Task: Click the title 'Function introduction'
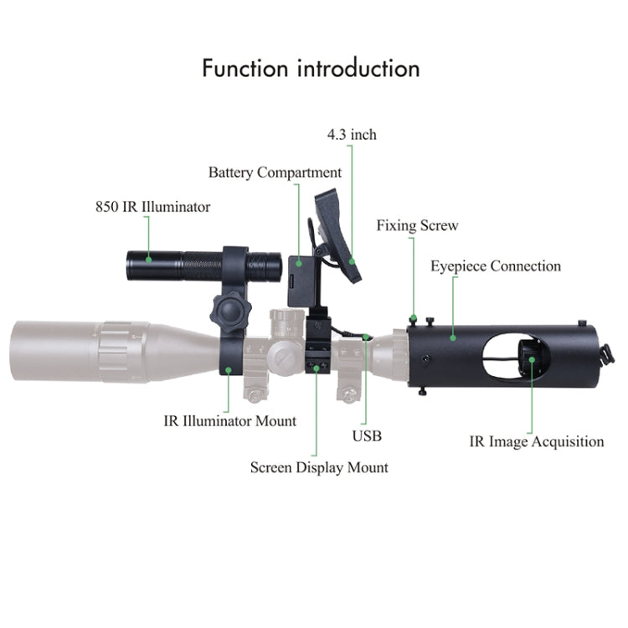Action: pyautogui.click(x=311, y=68)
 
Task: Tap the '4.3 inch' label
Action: pyautogui.click(x=351, y=134)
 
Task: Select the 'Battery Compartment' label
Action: pyautogui.click(x=275, y=172)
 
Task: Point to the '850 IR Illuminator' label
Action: pyautogui.click(x=152, y=206)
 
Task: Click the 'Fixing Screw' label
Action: pyautogui.click(x=417, y=225)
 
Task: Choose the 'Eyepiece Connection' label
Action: pyautogui.click(x=496, y=266)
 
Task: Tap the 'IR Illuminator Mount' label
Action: pyautogui.click(x=229, y=420)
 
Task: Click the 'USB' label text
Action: pyautogui.click(x=367, y=435)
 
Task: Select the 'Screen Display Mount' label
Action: pyautogui.click(x=319, y=467)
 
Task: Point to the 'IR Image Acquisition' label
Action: pyautogui.click(x=536, y=441)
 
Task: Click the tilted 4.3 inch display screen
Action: pyautogui.click(x=336, y=234)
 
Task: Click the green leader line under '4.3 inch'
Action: pyautogui.click(x=352, y=201)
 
